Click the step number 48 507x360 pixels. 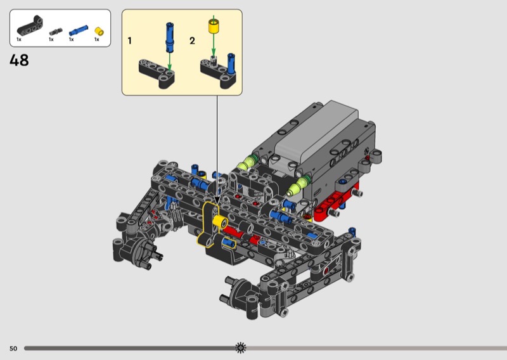[19, 60]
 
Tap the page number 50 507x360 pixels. [13, 349]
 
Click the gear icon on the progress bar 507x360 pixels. [241, 348]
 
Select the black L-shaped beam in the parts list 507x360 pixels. [30, 26]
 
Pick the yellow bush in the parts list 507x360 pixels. [99, 31]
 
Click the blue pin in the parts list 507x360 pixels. [78, 30]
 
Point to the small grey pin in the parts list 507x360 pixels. [55, 32]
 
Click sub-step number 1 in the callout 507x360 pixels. [130, 41]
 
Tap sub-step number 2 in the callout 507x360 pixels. [192, 41]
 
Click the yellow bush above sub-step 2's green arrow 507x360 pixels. [214, 26]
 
